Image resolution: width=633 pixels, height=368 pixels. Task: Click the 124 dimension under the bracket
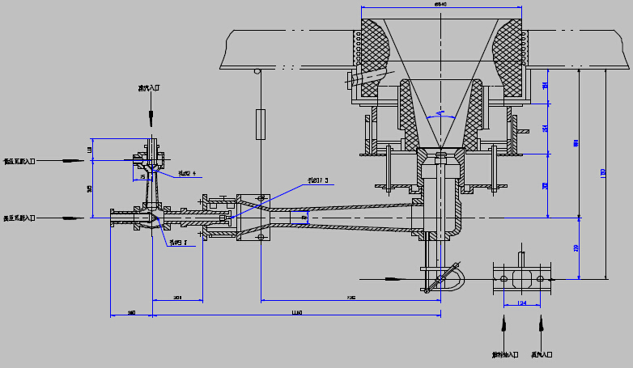[x=521, y=303]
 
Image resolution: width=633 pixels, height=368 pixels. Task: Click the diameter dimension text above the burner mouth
[x=440, y=4]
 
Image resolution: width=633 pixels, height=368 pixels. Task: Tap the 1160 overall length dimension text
[x=296, y=312]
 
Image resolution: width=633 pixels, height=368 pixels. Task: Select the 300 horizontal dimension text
[x=177, y=298]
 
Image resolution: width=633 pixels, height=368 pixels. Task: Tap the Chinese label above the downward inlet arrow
[x=151, y=89]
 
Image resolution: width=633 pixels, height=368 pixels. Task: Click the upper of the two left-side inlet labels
[x=19, y=162]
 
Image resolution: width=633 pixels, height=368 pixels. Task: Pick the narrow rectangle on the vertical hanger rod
[x=260, y=125]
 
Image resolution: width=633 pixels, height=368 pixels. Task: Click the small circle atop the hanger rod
[x=257, y=71]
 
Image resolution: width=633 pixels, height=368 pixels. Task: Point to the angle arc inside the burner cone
[x=440, y=114]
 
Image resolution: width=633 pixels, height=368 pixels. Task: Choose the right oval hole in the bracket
[x=540, y=278]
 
